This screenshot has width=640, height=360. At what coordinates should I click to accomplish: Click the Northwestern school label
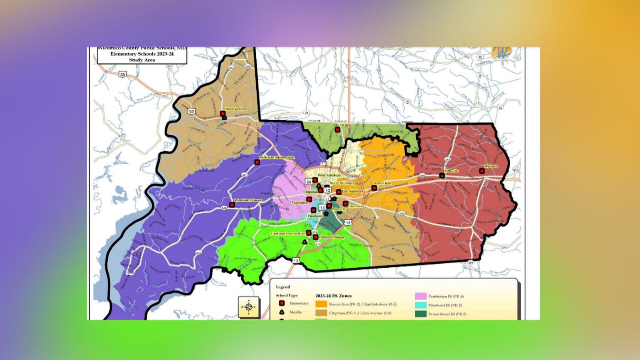(x=236, y=109)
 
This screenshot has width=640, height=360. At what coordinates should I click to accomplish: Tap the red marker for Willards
(x=482, y=171)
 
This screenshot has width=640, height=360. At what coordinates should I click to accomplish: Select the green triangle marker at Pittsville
(x=442, y=176)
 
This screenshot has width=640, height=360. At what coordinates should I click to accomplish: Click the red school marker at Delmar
(x=337, y=130)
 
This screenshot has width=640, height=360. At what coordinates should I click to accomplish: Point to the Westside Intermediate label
(x=276, y=157)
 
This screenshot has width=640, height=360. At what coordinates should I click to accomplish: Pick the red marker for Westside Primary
(x=232, y=205)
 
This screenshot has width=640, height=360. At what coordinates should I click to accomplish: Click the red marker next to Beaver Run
(x=374, y=188)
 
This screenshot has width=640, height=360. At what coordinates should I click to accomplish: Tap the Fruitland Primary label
(x=332, y=237)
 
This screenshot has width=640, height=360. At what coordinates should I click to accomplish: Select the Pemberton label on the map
(x=300, y=202)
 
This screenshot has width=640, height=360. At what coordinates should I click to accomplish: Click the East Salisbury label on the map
(x=353, y=191)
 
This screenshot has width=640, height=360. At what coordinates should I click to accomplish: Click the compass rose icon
(x=248, y=307)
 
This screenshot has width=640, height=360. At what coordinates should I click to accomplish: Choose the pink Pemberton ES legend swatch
(x=420, y=296)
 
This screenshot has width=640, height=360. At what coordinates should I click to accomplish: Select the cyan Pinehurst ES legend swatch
(x=420, y=305)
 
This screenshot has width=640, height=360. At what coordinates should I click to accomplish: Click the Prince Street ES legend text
(x=447, y=314)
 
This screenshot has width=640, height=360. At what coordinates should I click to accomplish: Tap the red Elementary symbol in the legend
(x=282, y=303)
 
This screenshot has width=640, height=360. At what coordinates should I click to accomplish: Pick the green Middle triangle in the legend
(x=282, y=312)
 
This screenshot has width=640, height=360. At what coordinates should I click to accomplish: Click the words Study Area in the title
(x=142, y=60)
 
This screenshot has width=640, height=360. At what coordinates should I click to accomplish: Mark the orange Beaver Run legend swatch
(x=321, y=304)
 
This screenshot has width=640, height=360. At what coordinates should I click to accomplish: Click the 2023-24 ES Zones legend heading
(x=333, y=296)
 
